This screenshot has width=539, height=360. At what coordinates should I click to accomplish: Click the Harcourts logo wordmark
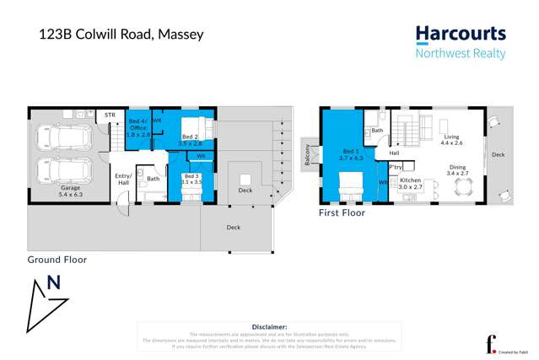coord(461,35)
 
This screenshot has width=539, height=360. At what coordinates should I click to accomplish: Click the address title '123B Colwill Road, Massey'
coord(121,35)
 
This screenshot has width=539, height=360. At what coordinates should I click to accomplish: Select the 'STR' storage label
coord(110,114)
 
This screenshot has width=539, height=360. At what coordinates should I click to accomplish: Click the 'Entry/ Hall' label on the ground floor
coord(122,179)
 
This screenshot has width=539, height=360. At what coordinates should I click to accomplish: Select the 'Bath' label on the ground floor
coord(153,178)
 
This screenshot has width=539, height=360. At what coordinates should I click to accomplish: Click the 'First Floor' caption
coord(342,213)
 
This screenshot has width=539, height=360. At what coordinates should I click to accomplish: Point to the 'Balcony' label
coord(308,155)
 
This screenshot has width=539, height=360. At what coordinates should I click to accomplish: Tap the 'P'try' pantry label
coord(395,167)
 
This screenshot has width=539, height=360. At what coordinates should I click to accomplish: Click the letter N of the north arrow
coord(55,282)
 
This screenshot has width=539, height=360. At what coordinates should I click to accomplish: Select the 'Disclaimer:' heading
coord(269,325)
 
